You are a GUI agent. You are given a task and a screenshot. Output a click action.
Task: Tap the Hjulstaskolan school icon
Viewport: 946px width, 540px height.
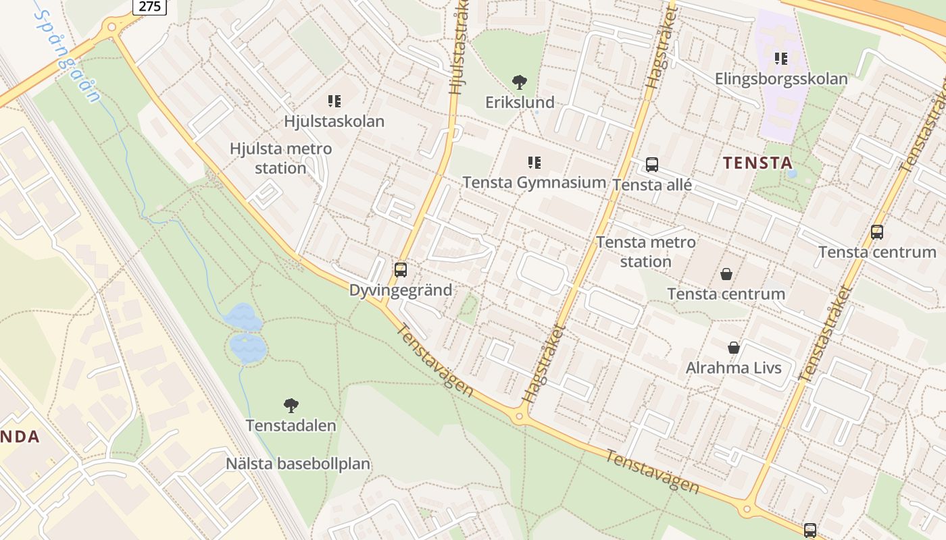tap(334, 101)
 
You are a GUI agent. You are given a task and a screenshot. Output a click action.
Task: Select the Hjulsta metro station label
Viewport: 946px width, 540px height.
tap(280, 158)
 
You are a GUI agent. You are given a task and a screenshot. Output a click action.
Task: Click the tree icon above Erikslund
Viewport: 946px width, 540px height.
tap(519, 82)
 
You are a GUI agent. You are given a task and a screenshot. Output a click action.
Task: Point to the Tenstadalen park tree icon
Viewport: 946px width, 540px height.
tap(291, 405)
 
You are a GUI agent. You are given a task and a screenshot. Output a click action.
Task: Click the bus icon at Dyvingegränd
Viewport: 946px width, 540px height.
tap(401, 270)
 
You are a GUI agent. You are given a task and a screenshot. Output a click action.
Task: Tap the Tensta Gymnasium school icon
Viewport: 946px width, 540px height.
tap(534, 162)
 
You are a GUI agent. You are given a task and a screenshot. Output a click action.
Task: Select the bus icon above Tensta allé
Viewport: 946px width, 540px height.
tap(652, 164)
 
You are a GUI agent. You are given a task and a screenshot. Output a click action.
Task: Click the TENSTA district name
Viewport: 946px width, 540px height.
tap(757, 163)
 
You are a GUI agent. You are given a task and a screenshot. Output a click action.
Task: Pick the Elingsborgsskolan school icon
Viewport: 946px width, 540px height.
tap(781, 59)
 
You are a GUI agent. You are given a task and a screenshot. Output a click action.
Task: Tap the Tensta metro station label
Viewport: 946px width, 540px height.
tap(645, 251)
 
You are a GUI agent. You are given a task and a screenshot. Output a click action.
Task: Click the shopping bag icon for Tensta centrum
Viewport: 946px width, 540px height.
tap(726, 273)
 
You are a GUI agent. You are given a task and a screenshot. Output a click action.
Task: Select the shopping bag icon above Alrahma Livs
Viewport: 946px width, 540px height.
tap(734, 348)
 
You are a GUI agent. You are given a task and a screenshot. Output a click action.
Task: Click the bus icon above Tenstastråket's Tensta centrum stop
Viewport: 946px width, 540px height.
tap(877, 232)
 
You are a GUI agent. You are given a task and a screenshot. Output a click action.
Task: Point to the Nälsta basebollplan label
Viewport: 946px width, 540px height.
tap(298, 464)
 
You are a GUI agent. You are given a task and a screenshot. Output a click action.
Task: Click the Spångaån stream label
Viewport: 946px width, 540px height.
tap(68, 54)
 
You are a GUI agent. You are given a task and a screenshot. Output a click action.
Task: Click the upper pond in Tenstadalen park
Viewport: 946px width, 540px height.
tap(242, 317)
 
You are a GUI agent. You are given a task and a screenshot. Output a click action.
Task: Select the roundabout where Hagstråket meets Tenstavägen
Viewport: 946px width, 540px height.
tap(520, 416)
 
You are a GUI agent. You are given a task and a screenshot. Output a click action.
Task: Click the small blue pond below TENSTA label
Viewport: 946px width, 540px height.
tap(792, 173)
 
